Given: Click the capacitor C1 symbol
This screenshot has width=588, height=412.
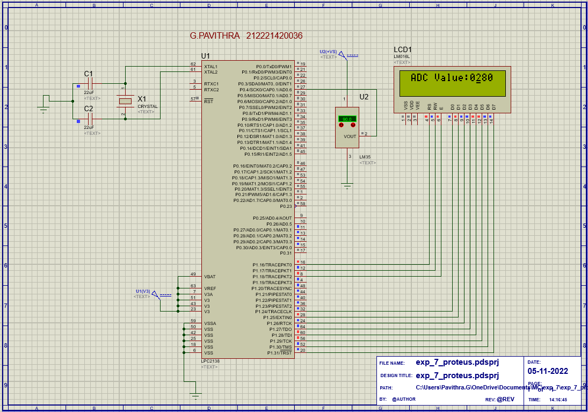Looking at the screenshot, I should coord(89,84).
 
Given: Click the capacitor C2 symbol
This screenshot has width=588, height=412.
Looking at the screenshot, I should coord(89,118).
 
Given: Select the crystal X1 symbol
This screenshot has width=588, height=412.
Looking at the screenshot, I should coord(125,101).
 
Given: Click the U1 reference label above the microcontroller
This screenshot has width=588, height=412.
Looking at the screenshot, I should coord(206,56).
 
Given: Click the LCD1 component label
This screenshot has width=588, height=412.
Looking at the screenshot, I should coord(403,50).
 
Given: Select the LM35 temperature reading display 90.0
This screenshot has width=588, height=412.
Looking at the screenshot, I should coord(347,119).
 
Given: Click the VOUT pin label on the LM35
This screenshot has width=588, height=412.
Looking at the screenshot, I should coord(350,136).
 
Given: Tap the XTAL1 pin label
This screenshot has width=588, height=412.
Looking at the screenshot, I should coord(211,67).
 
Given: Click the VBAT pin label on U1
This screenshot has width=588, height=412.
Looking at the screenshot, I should coord(210,277).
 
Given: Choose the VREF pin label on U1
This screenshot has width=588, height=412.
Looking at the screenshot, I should coord(210,288).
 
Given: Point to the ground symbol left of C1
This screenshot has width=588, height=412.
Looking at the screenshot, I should coord(43,109).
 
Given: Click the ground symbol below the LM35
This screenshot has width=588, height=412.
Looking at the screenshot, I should coord(347,186).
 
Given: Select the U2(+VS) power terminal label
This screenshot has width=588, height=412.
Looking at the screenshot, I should coord(329,51).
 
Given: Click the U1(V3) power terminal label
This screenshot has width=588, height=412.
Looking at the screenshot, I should coord(143,291).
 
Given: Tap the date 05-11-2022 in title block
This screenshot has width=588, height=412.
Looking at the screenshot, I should coord(547,371).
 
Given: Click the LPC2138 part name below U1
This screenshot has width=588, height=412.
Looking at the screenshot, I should coord(210,361).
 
